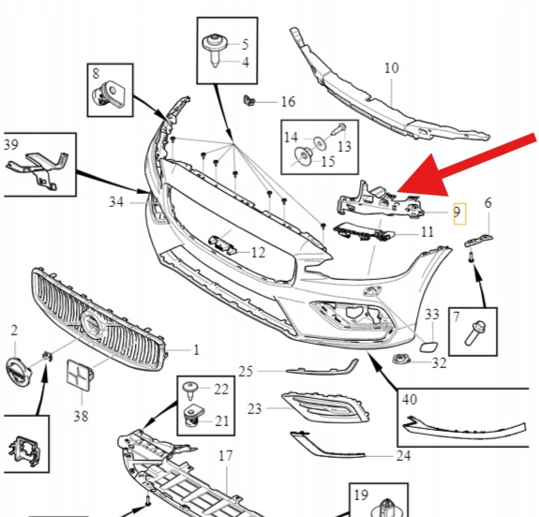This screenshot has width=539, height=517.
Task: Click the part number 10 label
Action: pyautogui.click(x=392, y=68)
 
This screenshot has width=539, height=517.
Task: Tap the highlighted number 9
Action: pyautogui.click(x=457, y=212)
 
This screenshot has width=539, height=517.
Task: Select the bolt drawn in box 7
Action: pyautogui.click(x=474, y=332)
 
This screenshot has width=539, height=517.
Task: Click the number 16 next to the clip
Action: pyautogui.click(x=288, y=102)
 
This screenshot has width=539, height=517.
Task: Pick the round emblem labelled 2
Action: pyautogui.click(x=18, y=371)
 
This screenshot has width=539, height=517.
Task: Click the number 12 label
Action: pyautogui.click(x=259, y=253)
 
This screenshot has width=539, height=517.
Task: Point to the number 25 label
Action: pyautogui.click(x=246, y=371)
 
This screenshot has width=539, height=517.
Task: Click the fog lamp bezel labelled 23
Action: pyautogui.click(x=325, y=407)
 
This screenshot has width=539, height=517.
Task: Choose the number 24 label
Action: pyautogui.click(x=404, y=456)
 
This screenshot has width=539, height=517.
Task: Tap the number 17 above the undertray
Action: pyautogui.click(x=226, y=456)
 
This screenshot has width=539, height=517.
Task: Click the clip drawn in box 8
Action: pyautogui.click(x=109, y=94)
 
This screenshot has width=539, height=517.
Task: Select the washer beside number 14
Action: pyautogui.click(x=320, y=142)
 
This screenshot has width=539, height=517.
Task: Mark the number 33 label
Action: pyautogui.click(x=432, y=315)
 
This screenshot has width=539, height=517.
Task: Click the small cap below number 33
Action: pyautogui.click(x=429, y=347)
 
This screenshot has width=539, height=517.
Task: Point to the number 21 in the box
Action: pyautogui.click(x=222, y=421)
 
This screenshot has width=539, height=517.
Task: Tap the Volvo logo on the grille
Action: pyautogui.click(x=92, y=323)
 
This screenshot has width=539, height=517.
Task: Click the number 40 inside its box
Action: pyautogui.click(x=410, y=399)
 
